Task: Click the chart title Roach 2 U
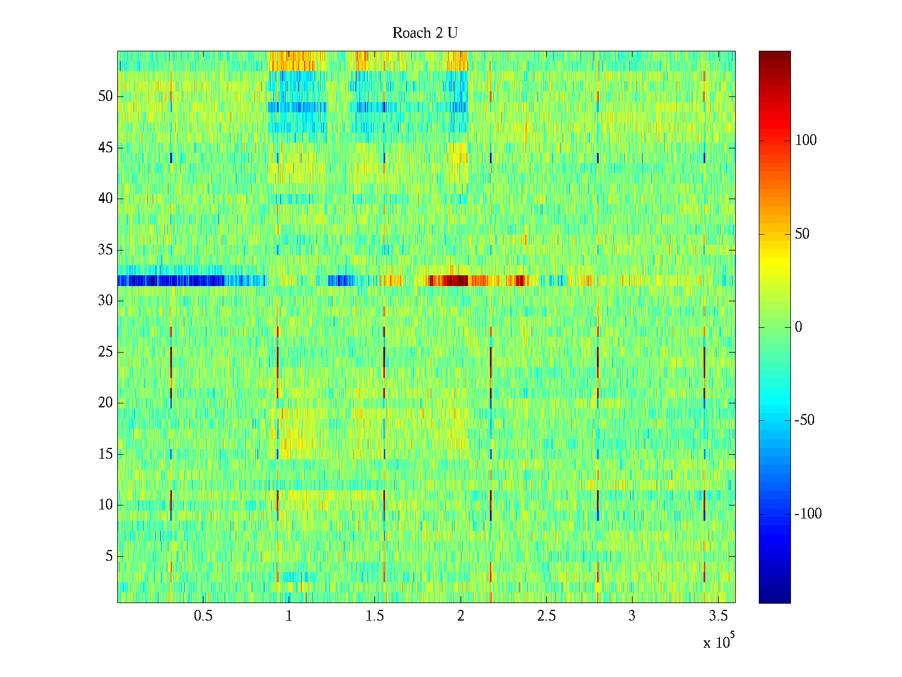click(425, 33)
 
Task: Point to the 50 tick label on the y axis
click(105, 96)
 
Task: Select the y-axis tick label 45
click(105, 148)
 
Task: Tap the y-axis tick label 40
click(105, 199)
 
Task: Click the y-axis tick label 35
click(105, 250)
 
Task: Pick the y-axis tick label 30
click(105, 301)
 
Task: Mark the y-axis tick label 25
click(105, 352)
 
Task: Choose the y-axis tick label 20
click(105, 403)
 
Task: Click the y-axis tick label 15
click(105, 454)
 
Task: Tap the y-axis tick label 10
click(105, 505)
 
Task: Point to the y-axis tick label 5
click(109, 556)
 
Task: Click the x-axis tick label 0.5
click(203, 616)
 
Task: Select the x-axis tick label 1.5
click(375, 616)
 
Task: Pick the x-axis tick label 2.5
click(546, 616)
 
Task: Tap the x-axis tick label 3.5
click(718, 616)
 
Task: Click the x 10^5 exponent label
click(719, 642)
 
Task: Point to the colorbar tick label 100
click(806, 140)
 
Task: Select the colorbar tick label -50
click(808, 420)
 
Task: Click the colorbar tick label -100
click(808, 514)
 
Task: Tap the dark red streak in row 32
click(449, 280)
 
